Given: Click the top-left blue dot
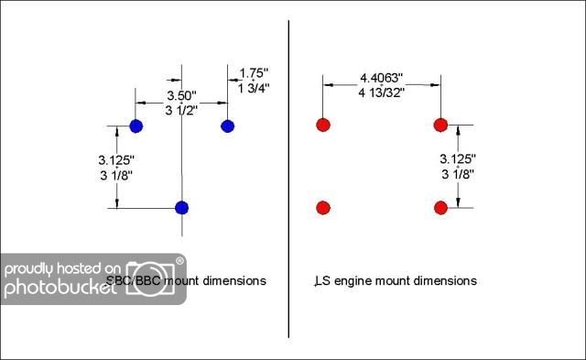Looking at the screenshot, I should click(x=136, y=125).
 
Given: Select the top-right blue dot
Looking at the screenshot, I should click(x=228, y=125).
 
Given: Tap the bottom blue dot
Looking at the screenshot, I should click(x=181, y=208).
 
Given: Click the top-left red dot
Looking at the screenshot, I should click(x=322, y=125).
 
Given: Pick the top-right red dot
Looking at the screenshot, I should click(x=440, y=125).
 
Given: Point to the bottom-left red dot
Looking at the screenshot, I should click(x=322, y=208).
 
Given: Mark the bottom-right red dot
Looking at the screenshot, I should click(x=440, y=208).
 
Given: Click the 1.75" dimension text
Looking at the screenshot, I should click(x=254, y=72).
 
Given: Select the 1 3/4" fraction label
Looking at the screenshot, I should click(x=254, y=87).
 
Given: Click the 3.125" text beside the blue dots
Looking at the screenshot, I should click(x=116, y=159).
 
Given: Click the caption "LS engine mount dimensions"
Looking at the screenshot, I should click(x=395, y=281).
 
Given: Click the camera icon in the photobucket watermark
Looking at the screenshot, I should click(x=155, y=276).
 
